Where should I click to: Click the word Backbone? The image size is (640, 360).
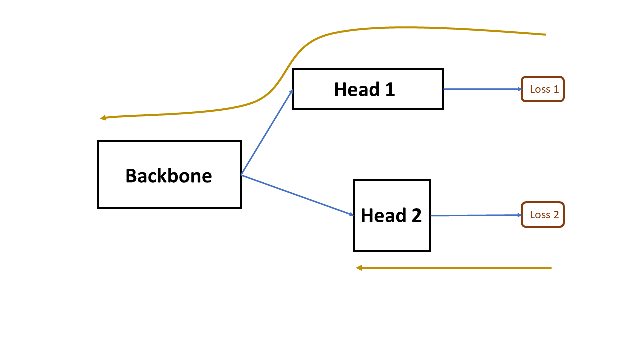click(169, 175)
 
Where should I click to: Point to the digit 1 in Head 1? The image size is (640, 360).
click(390, 89)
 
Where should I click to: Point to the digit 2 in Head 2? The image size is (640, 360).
click(416, 215)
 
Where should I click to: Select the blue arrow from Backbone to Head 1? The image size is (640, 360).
click(267, 132)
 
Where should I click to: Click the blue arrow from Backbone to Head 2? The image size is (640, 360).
click(297, 195)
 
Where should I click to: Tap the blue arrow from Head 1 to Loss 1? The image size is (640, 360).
click(483, 89)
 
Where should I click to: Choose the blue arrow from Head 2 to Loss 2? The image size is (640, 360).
click(476, 215)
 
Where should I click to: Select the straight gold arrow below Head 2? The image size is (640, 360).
click(453, 268)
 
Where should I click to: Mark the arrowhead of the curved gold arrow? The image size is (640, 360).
click(103, 118)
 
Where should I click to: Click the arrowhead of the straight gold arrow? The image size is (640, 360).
click(359, 268)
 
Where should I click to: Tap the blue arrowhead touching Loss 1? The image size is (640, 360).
click(520, 89)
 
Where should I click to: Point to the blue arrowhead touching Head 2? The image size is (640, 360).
click(352, 214)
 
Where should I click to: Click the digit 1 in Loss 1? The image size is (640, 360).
click(556, 89)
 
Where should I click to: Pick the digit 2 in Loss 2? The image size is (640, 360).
click(556, 215)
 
